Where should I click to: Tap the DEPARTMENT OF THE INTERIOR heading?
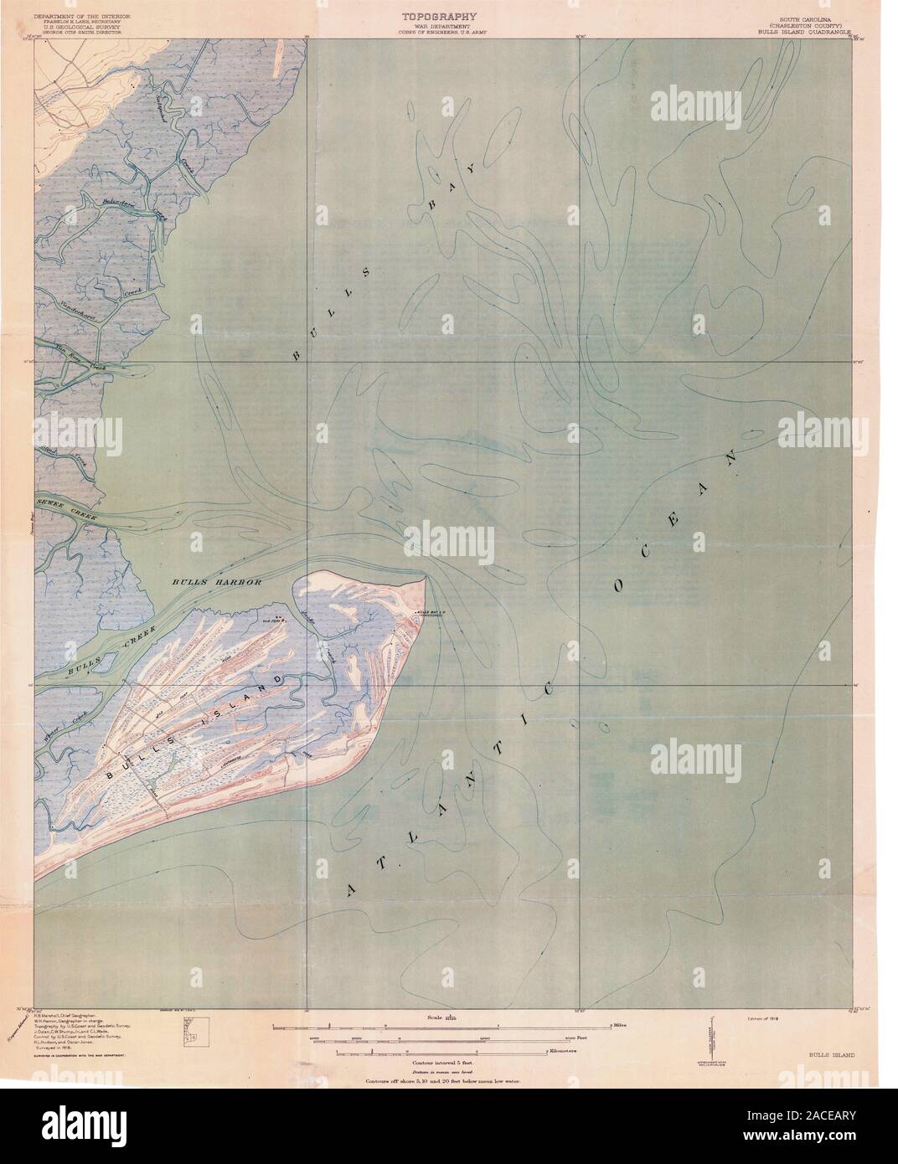click(x=82, y=14)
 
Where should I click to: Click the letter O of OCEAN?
click(x=620, y=586)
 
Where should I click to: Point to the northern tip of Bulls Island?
click(x=426, y=575)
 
